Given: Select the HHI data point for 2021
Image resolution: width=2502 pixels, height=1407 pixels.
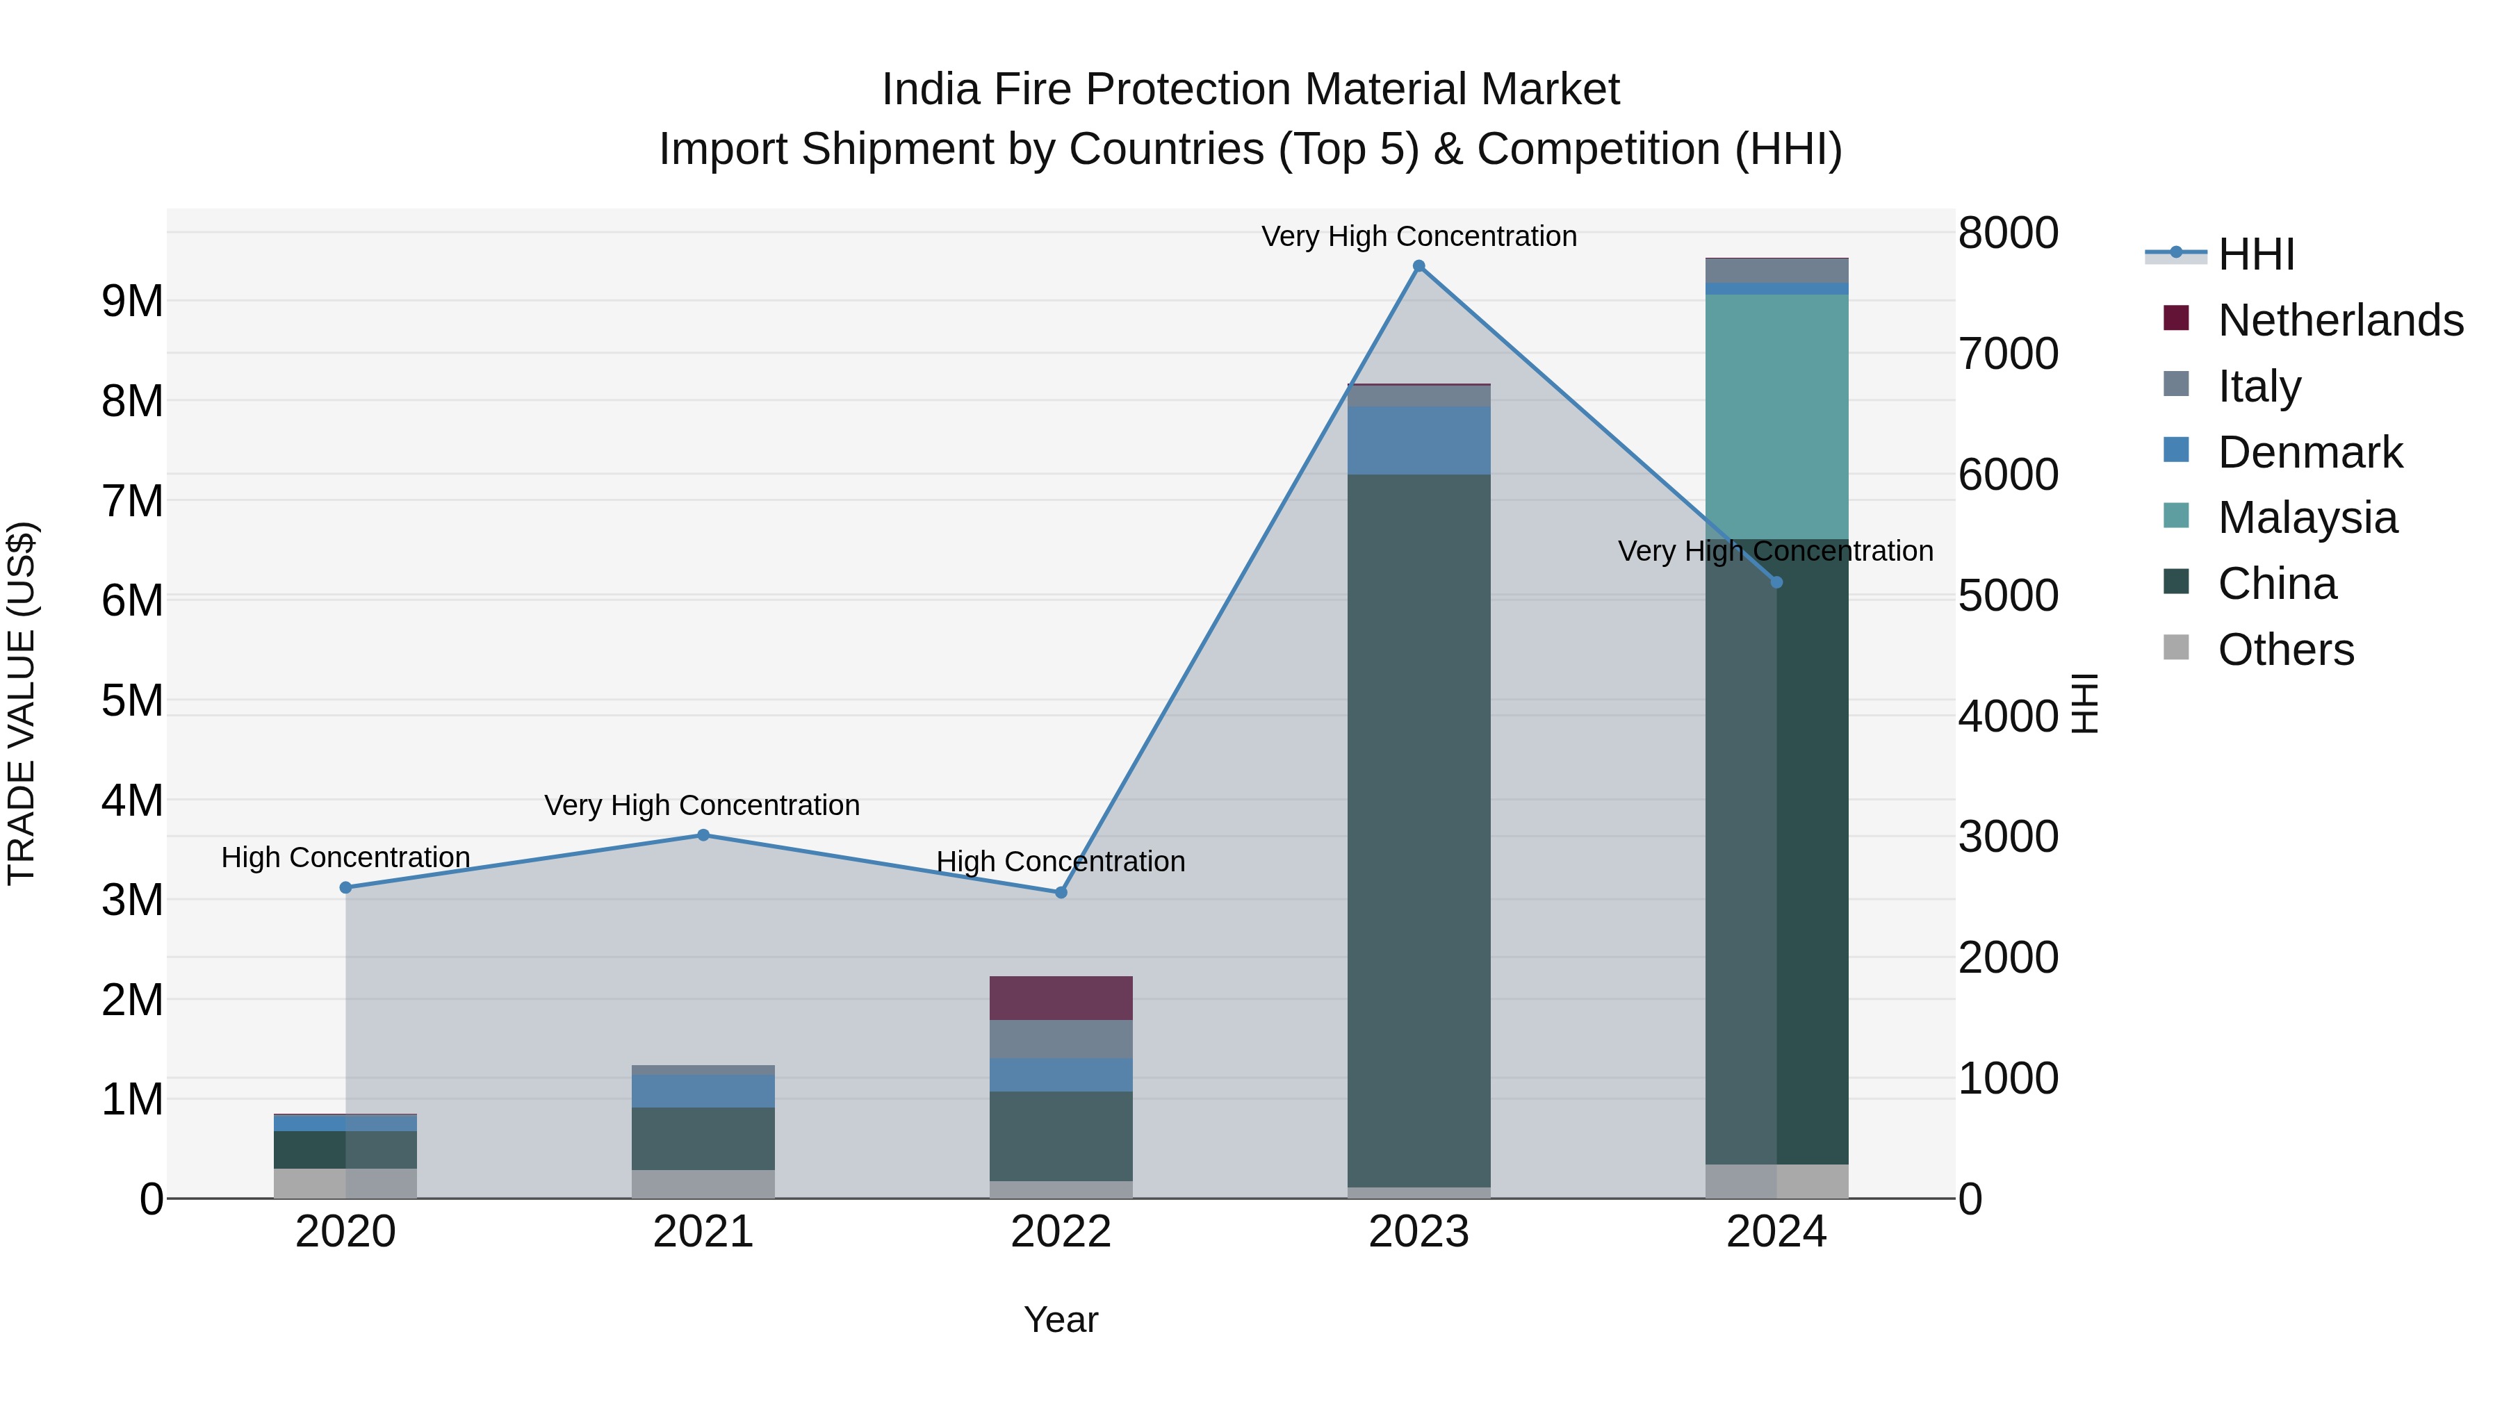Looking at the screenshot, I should tap(703, 835).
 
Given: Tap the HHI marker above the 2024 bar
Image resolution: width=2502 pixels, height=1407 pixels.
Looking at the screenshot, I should tap(1776, 583).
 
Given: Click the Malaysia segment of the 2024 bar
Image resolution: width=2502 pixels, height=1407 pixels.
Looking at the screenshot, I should tap(1776, 417).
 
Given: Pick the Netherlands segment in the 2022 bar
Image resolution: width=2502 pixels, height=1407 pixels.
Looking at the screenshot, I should tap(1061, 997).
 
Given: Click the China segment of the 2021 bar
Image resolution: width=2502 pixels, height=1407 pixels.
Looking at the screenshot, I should tap(703, 1138).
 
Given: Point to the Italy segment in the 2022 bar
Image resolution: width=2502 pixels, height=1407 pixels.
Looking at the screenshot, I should tap(1061, 1039).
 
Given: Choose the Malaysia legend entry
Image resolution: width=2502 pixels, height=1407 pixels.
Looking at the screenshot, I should tap(2307, 518).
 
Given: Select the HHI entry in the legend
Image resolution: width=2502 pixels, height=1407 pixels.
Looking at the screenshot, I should tap(2255, 254).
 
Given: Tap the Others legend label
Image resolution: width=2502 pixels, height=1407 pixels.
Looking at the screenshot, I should tap(2285, 650).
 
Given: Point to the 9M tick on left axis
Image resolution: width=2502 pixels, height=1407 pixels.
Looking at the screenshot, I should tap(132, 301).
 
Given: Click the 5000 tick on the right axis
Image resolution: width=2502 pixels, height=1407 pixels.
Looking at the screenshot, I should tap(2006, 595).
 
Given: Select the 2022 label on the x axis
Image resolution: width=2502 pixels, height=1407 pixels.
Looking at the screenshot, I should tap(1061, 1232).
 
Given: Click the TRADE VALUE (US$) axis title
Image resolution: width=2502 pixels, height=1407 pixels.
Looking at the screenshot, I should tap(22, 703).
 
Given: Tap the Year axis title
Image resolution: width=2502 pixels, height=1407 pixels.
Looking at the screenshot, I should tap(1061, 1319).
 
